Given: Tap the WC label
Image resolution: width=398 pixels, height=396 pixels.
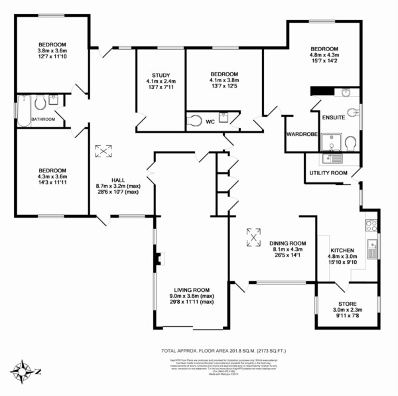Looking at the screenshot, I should tap(210, 121).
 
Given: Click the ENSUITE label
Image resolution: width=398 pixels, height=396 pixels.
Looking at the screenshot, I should tap(333, 117).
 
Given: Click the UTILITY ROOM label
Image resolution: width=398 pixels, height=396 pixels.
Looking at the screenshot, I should tap(328, 173).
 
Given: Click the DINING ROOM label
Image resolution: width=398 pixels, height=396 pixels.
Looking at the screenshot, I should tap(288, 242).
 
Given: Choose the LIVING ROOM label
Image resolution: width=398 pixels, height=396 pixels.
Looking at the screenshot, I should tap(192, 289).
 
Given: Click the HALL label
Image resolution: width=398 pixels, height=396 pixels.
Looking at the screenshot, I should tap(118, 180).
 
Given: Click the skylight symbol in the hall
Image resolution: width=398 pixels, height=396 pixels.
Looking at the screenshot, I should tap(103, 151).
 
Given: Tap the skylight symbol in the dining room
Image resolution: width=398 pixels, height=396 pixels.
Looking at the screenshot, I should tap(253, 235).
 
